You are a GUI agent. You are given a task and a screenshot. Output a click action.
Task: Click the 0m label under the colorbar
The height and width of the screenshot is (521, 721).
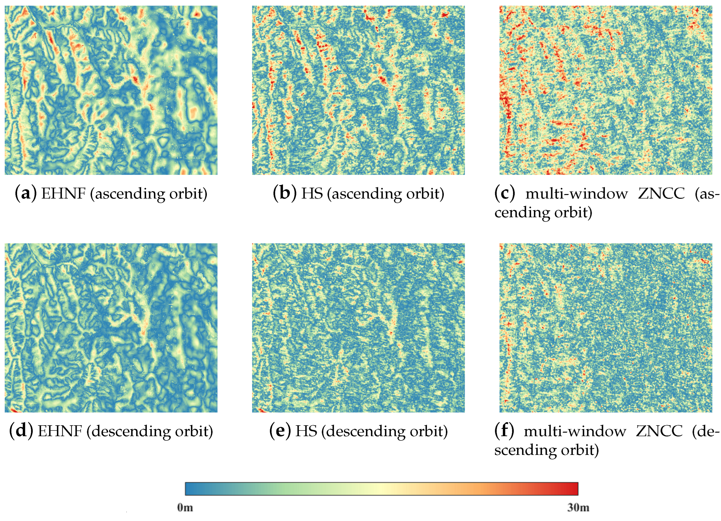185,508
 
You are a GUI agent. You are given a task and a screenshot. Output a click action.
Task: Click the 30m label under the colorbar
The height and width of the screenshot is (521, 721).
578,508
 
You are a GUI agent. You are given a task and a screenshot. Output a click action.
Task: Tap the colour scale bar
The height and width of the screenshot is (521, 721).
382,489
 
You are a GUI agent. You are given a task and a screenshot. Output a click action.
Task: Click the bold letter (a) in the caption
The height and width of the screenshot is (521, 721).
26,193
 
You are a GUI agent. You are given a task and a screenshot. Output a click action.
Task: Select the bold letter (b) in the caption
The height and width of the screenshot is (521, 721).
285,193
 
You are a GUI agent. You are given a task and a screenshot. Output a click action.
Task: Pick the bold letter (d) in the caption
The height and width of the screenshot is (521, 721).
21,431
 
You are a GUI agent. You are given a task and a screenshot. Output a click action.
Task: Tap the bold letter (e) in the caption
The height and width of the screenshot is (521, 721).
280,431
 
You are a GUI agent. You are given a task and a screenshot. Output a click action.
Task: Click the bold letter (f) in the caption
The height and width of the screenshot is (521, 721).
504,431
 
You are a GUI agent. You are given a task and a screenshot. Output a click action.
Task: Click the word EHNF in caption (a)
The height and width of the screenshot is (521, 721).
63,193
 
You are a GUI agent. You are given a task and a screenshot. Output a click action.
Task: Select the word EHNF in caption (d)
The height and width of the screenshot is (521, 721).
60,431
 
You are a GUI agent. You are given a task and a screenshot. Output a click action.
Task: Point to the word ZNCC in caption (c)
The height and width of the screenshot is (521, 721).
661,193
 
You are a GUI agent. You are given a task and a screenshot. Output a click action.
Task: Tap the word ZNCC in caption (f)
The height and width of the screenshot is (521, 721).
659,431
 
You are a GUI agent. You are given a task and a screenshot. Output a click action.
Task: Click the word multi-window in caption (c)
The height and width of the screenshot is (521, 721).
576,193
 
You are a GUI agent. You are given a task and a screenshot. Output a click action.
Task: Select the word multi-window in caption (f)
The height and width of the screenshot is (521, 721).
575,431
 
